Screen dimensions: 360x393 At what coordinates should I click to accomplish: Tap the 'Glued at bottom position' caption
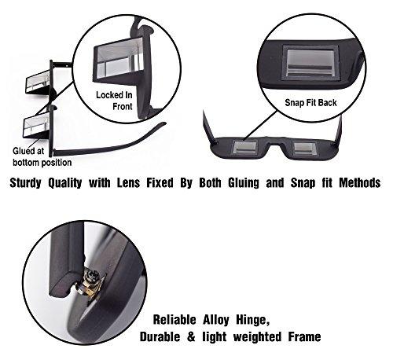(x=42, y=156)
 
